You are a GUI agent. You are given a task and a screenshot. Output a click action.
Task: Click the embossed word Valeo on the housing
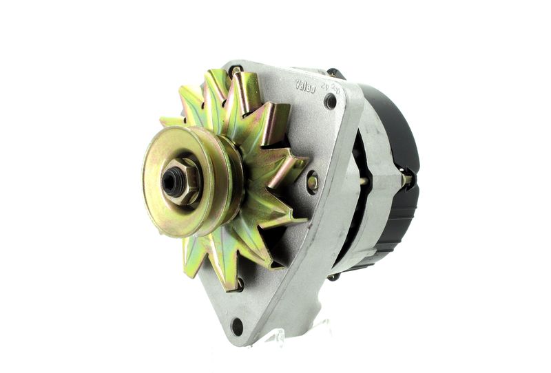pyautogui.click(x=305, y=85)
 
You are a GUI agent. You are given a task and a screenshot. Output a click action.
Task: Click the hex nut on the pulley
pyautogui.click(x=182, y=182)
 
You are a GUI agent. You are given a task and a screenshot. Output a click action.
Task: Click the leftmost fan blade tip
pyautogui.click(x=165, y=122)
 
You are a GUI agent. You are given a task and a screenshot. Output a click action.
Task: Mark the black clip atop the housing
pyautogui.click(x=335, y=72)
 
